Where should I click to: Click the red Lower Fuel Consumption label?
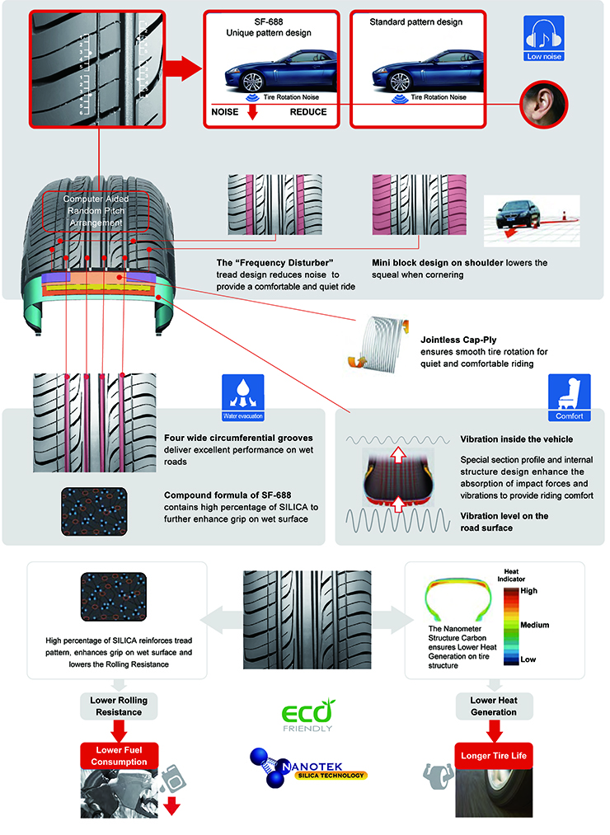pos(119,757)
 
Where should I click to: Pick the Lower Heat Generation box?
pos(493,706)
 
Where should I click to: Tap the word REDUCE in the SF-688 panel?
pos(309,111)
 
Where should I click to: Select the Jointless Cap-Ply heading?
pos(459,339)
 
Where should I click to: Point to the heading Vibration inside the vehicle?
pos(516,440)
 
